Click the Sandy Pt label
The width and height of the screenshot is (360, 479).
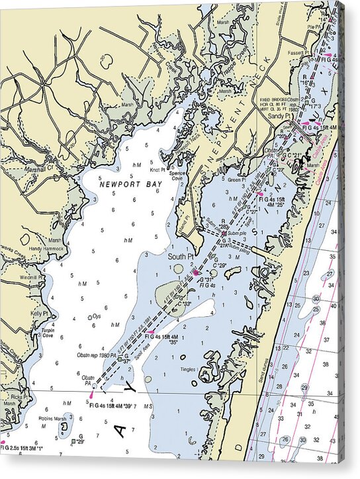click(x=280, y=116)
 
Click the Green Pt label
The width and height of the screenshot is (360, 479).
click(x=236, y=179)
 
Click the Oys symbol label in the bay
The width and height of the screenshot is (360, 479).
click(x=97, y=316)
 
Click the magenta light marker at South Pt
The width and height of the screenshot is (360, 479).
click(x=197, y=272)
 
